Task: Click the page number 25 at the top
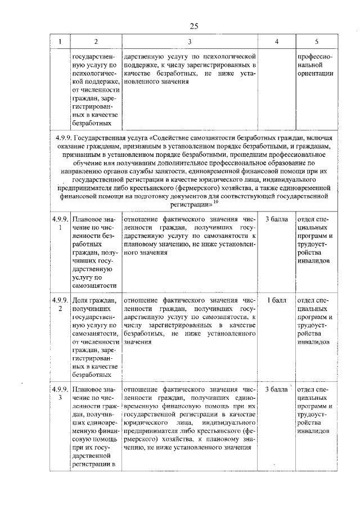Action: point(194,26)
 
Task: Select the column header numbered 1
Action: point(60,42)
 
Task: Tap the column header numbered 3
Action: point(190,42)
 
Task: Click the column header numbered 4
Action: point(276,42)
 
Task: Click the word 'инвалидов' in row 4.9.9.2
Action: point(316,342)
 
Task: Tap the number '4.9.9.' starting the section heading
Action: point(64,138)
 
